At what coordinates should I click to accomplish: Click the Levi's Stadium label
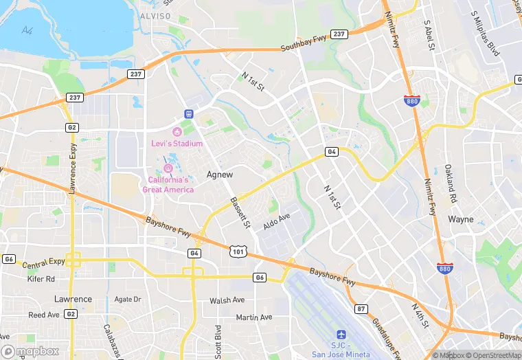(177, 144)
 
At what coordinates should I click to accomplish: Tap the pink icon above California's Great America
(168, 168)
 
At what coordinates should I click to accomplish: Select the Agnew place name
(220, 175)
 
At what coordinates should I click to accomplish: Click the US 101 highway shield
(237, 253)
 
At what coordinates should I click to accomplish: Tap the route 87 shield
(361, 309)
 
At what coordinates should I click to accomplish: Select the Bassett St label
(240, 213)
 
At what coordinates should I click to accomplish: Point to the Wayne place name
(461, 220)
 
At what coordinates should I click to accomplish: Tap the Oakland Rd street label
(449, 183)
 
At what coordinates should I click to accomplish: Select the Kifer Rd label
(41, 279)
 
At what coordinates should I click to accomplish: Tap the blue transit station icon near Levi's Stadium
(189, 113)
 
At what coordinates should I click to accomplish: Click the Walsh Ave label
(227, 300)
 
